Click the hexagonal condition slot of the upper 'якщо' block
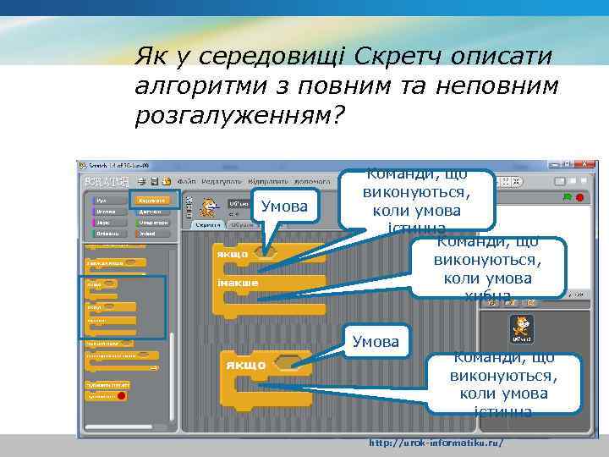pos(269,252)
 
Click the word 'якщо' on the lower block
pos(245,365)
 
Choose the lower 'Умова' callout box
pos(376,342)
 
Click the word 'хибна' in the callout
pos(487,295)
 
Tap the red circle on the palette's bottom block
pos(121,396)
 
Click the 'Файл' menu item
pos(185,181)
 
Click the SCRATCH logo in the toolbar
pos(107,181)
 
